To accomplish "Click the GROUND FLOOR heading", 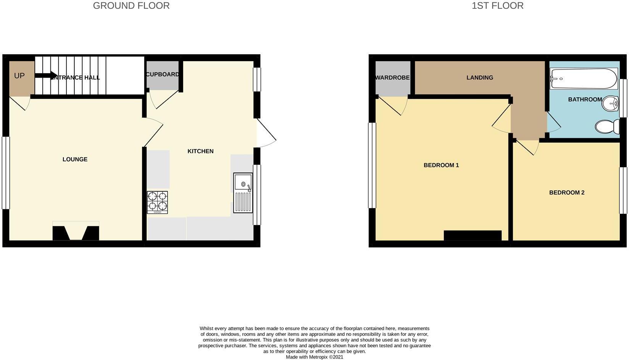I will [131, 6].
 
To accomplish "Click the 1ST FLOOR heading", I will [497, 6].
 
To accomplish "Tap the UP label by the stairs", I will [19, 76].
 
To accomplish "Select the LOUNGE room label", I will [75, 159].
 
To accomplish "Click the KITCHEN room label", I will [200, 151].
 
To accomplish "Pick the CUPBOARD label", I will [162, 74].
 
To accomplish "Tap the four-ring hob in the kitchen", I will [157, 202].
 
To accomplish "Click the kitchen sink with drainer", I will [243, 192].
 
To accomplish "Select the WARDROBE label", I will [392, 77].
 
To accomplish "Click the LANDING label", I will [480, 77].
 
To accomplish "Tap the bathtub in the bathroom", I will [583, 79].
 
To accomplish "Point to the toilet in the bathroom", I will [607, 126].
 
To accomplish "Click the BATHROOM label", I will [585, 99].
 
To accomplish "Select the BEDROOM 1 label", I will [441, 165].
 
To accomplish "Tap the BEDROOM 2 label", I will [567, 192].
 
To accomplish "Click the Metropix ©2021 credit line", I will [314, 357].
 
